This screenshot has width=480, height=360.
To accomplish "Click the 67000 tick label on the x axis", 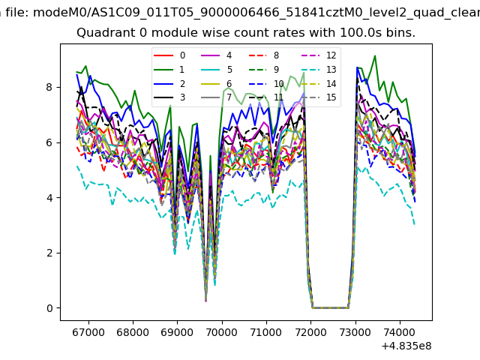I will [x=88, y=331].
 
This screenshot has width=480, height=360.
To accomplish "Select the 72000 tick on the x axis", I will [x=310, y=331].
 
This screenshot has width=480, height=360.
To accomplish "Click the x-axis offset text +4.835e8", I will [x=401, y=346].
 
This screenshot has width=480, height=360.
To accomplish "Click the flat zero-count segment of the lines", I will [x=330, y=307].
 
